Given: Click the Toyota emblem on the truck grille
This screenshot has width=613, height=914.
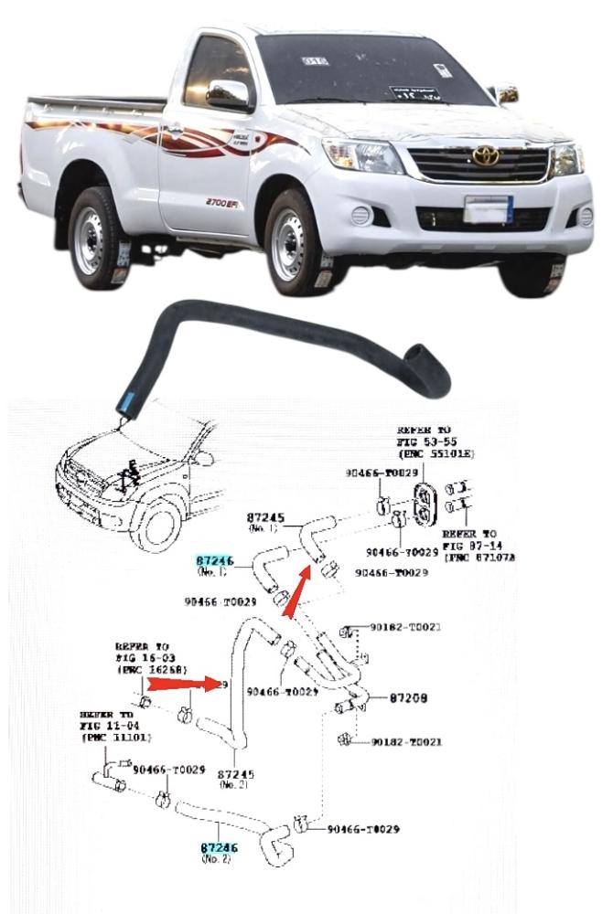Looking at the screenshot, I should pyautogui.click(x=486, y=156).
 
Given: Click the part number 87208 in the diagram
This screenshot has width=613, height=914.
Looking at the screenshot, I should pyautogui.click(x=408, y=697).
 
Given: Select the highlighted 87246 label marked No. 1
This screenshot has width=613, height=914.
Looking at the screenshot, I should pyautogui.click(x=215, y=560).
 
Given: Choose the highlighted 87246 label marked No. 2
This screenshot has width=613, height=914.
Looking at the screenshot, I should pyautogui.click(x=220, y=849).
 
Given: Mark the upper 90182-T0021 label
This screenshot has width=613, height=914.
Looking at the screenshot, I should pyautogui.click(x=406, y=628).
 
